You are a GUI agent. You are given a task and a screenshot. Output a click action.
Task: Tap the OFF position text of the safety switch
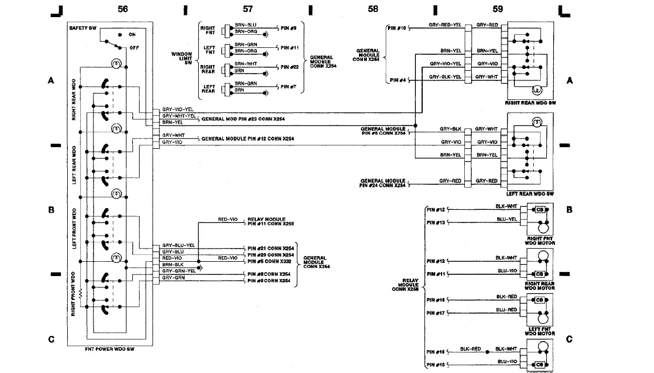click(x=134, y=48)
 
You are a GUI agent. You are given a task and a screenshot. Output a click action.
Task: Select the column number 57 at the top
click(x=248, y=9)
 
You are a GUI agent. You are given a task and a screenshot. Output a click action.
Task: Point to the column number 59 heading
click(x=497, y=9)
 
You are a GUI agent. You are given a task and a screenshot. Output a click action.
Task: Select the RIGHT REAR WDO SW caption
click(x=530, y=103)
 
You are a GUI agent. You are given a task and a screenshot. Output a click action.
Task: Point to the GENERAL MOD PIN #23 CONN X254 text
click(x=243, y=119)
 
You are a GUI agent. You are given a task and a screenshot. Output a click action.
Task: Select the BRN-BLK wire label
click(x=173, y=265)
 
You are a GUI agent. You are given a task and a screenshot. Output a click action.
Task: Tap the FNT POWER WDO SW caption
click(x=108, y=348)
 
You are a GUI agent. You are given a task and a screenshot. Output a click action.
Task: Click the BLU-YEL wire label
click(x=506, y=218)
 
